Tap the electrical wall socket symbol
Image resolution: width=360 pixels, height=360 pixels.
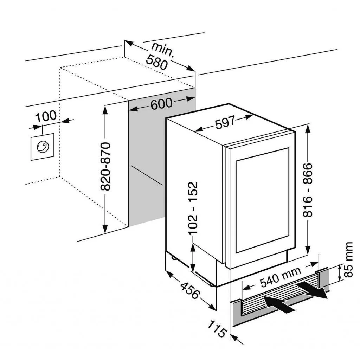[x=42, y=147]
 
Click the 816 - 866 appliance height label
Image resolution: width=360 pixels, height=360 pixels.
[x=308, y=189]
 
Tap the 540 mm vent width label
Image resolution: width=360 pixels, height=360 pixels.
[x=281, y=276]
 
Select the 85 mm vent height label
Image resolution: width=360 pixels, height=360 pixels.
[x=348, y=259]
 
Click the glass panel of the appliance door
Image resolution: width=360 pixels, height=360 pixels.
[x=262, y=200]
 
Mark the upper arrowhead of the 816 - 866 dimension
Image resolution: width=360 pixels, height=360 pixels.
[x=308, y=128]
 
